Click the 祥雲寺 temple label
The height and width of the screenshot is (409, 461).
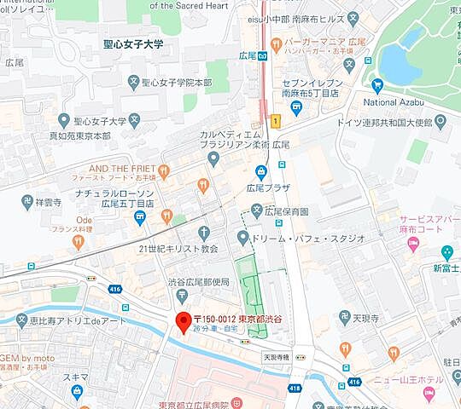click(x=49, y=204)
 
